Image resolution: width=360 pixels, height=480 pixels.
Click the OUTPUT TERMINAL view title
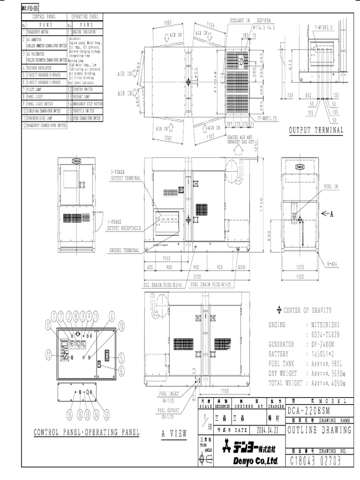(316, 130)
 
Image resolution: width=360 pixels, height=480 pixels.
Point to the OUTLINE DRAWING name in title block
(319, 430)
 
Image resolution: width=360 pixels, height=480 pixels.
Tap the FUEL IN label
(331, 186)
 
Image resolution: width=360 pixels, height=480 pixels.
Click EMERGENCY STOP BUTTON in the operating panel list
(87, 103)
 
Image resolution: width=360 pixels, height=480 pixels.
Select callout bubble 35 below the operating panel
(69, 413)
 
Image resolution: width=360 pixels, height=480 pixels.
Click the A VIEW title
(174, 433)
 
